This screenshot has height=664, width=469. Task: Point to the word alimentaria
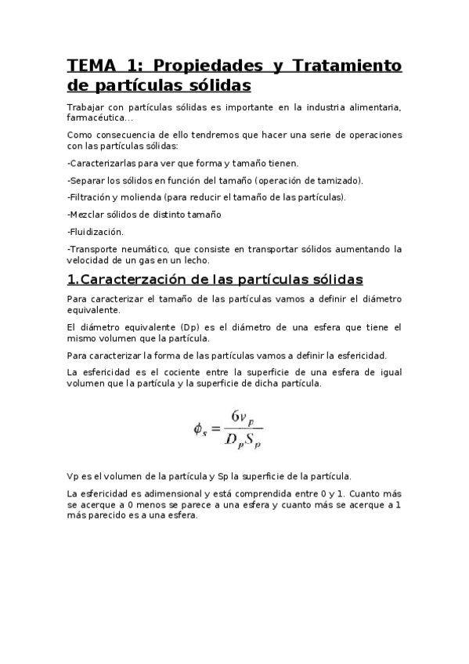pyautogui.click(x=370, y=106)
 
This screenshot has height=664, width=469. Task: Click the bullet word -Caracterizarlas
pyautogui.click(x=101, y=163)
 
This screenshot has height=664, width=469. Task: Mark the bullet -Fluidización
pyautogui.click(x=96, y=231)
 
